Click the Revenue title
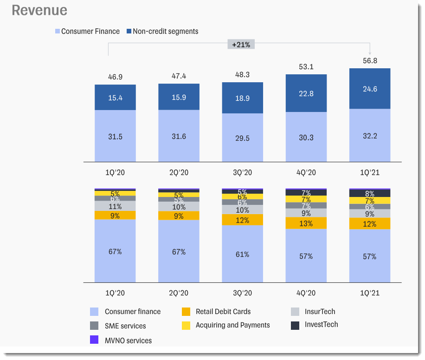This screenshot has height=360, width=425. (39, 10)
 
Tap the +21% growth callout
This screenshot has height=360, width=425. (241, 45)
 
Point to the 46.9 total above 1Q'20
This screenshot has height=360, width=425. (115, 77)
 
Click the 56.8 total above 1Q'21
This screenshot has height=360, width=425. (370, 60)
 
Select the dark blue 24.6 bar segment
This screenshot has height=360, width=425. (370, 89)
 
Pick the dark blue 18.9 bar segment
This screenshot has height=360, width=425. (242, 98)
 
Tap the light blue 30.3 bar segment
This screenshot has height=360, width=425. (306, 137)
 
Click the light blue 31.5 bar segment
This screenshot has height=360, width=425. (115, 136)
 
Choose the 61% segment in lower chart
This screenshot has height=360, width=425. (242, 254)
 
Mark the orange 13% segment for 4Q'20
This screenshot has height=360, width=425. (306, 223)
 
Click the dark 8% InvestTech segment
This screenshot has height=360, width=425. (370, 194)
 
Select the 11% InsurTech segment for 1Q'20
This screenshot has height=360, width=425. (115, 206)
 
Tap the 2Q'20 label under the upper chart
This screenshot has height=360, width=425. (179, 173)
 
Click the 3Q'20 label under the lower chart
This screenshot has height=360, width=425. (242, 293)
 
